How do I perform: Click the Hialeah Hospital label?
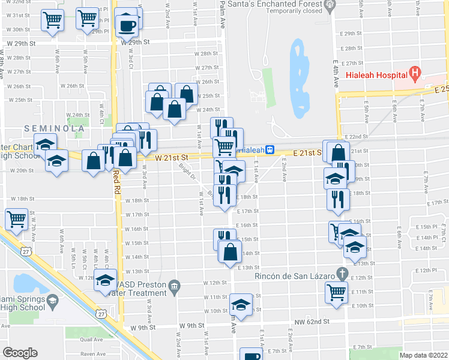pyautogui.click(x=376, y=76)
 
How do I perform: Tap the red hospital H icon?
pyautogui.click(x=414, y=74)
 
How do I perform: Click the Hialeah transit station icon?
pyautogui.click(x=271, y=149)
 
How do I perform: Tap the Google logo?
pyautogui.click(x=20, y=353)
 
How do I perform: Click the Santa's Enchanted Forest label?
pyautogui.click(x=273, y=4)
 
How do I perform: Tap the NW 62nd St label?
pyautogui.click(x=310, y=322)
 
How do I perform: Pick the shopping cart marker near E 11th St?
pyautogui.click(x=337, y=293)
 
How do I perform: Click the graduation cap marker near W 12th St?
pyautogui.click(x=106, y=280)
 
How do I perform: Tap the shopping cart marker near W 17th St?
pyautogui.click(x=16, y=218)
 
